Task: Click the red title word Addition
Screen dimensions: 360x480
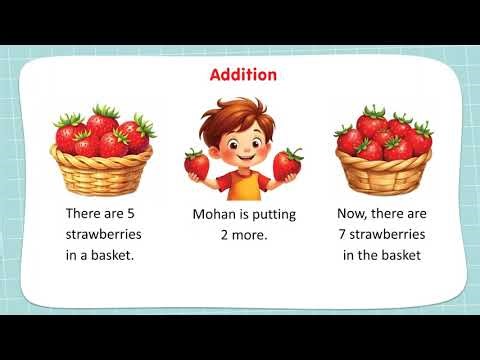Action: tap(243, 75)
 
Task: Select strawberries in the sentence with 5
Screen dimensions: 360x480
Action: tap(103, 234)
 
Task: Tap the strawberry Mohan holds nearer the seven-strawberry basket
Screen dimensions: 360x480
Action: tap(288, 163)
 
